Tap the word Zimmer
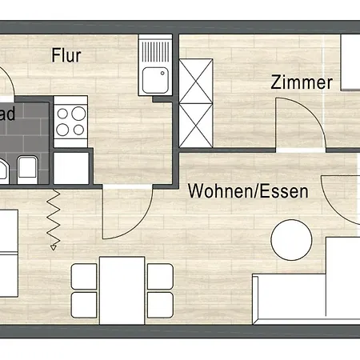point(301,82)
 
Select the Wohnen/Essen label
point(248,192)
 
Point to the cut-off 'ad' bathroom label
point(7,114)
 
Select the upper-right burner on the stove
point(79,112)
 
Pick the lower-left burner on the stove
point(63,130)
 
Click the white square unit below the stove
point(71,166)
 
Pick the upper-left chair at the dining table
point(83,275)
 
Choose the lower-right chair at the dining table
point(161,305)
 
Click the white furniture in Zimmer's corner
point(350,62)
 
